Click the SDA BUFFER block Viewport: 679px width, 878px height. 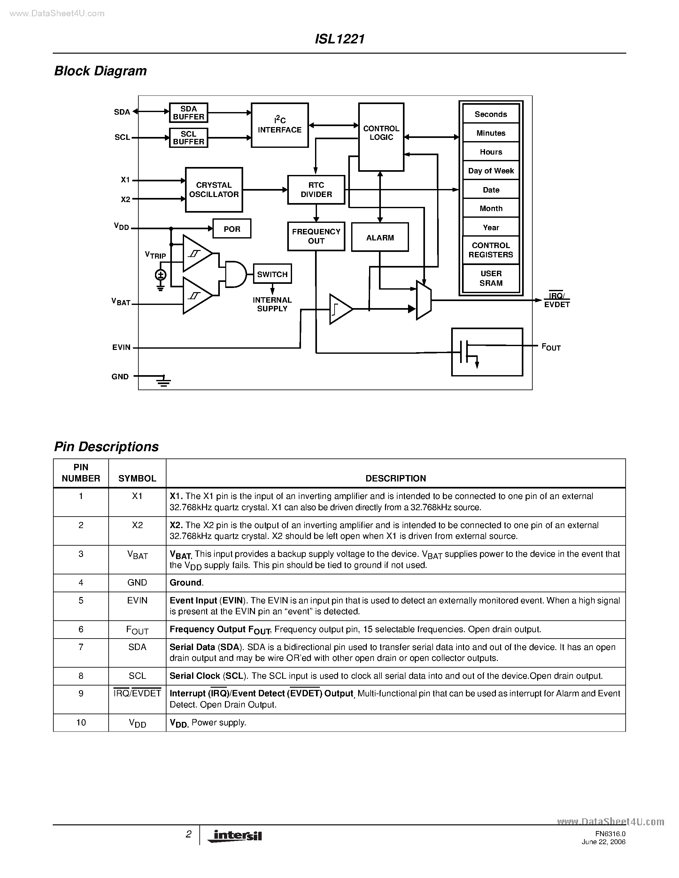[x=188, y=113]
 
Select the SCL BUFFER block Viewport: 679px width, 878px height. [x=188, y=138]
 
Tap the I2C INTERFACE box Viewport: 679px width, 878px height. [x=280, y=125]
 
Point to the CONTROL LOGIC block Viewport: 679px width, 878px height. [x=381, y=137]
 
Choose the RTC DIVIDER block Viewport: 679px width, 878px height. [x=316, y=190]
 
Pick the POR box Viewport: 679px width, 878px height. [x=232, y=228]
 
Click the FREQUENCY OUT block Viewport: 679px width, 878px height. [x=316, y=236]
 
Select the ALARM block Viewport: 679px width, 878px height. [x=380, y=237]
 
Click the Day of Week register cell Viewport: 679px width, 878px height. [x=491, y=170]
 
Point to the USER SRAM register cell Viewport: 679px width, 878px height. [x=491, y=278]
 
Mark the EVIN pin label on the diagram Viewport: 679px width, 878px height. [x=121, y=347]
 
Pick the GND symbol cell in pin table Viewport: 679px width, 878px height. [x=137, y=583]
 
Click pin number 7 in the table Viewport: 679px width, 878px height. [x=81, y=647]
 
